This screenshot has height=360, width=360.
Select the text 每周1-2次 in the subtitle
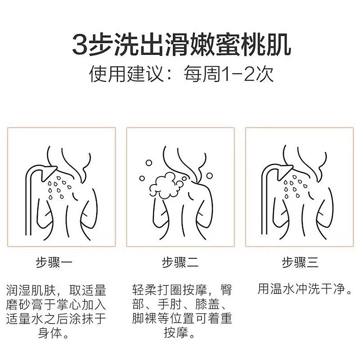click(229, 74)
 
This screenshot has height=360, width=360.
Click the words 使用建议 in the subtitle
click(126, 74)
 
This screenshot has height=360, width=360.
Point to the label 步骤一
click(54, 262)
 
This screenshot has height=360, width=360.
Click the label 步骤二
click(180, 262)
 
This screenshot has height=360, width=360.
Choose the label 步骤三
click(300, 262)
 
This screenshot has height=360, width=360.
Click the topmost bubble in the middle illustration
click(149, 163)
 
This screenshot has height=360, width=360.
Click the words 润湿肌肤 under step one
click(31, 290)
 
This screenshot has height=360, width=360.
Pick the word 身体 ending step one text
click(50, 333)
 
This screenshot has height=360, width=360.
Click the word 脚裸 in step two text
click(144, 318)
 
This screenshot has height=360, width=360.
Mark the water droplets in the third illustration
click(295, 187)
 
